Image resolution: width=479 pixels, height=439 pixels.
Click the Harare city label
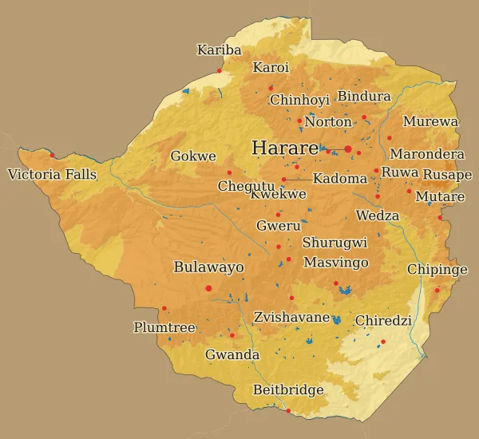coord(284,148)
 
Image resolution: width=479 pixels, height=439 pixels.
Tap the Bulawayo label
coord(208,267)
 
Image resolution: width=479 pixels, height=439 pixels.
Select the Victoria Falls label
coord(52,174)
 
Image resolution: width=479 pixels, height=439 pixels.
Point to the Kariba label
coord(219,50)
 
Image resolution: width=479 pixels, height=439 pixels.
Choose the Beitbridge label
coord(288,390)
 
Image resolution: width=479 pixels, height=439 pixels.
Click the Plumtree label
coord(164,327)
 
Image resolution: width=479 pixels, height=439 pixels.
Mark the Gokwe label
coord(193,156)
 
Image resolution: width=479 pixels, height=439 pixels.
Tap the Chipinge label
coord(437,270)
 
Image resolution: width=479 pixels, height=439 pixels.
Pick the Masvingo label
coord(336,263)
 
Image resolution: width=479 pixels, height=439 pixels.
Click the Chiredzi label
coord(383,321)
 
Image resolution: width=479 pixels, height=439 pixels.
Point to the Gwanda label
coord(232,354)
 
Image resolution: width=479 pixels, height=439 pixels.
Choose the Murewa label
coord(430,122)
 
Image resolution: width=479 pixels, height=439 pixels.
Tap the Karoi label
coord(271,68)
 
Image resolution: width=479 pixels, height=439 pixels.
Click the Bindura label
coord(364,97)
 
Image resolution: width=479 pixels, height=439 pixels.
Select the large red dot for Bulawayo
coord(208,288)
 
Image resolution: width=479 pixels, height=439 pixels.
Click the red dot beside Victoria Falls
coord(52,155)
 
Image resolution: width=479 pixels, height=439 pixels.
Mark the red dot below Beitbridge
coord(288,411)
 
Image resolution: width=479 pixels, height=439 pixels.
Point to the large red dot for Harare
coord(348,149)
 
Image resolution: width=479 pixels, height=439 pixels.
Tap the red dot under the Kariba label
coord(219,70)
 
